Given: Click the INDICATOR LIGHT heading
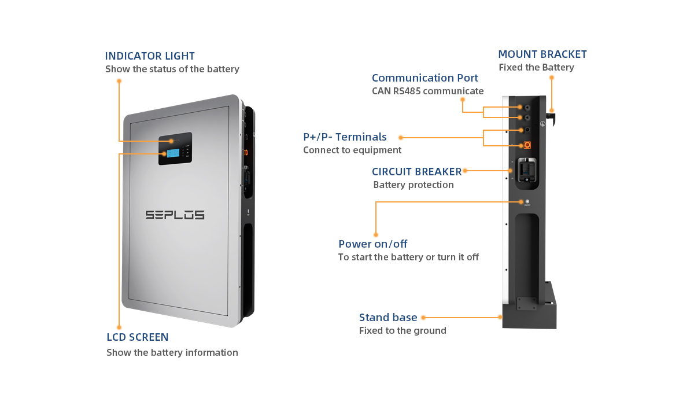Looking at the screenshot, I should click(x=150, y=56).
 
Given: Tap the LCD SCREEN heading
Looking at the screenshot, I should click(x=138, y=337).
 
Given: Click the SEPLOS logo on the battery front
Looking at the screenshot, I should click(x=175, y=215).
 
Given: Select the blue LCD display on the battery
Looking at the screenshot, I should click(x=173, y=153).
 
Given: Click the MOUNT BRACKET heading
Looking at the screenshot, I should click(x=542, y=54).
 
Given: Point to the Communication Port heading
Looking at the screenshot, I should click(x=424, y=78).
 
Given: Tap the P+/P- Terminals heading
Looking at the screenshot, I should click(x=345, y=137).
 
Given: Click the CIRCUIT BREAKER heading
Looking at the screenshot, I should click(x=416, y=172).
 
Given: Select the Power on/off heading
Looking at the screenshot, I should click(x=372, y=244).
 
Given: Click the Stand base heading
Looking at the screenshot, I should click(x=387, y=317).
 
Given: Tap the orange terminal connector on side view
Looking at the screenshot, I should click(x=527, y=145).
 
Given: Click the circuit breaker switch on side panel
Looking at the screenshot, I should click(x=526, y=170).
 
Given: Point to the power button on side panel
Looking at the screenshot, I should click(x=526, y=201).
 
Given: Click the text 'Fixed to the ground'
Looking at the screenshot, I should click(x=403, y=331).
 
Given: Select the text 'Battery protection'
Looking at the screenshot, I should click(x=413, y=185).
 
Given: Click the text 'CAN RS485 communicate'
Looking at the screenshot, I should click(x=427, y=91).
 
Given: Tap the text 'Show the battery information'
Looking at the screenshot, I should click(x=172, y=352).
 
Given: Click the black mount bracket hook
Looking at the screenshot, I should click(x=552, y=118).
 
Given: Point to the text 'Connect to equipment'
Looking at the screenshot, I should click(x=352, y=150).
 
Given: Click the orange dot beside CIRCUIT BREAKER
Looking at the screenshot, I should click(x=465, y=171).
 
